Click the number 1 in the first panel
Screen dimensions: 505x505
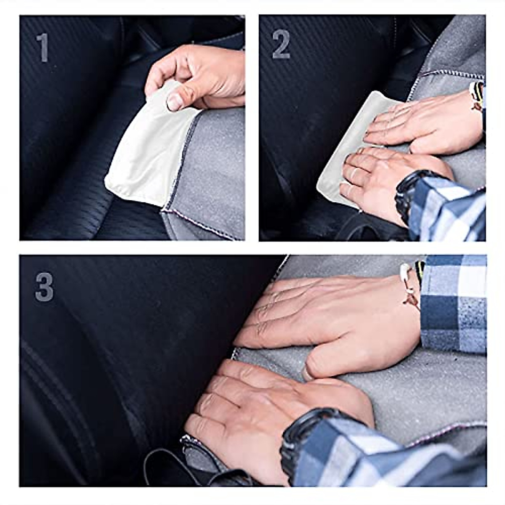pyautogui.click(x=42, y=48)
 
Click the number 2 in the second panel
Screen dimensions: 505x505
pyautogui.click(x=281, y=45)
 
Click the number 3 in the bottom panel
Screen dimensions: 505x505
pyautogui.click(x=44, y=287)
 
